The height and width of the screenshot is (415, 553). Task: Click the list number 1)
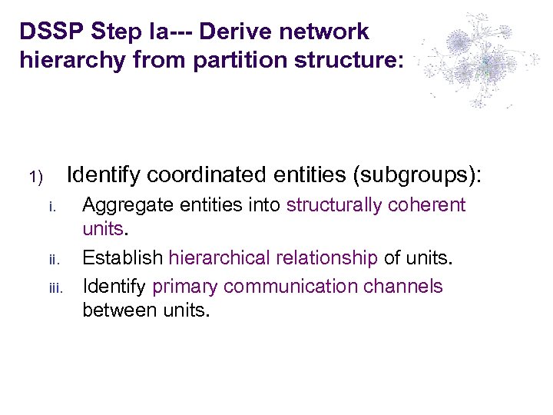coord(38,178)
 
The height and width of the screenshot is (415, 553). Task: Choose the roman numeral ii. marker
coord(52,258)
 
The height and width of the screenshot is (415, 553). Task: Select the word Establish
coord(122,257)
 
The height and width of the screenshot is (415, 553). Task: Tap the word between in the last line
coord(119,311)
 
